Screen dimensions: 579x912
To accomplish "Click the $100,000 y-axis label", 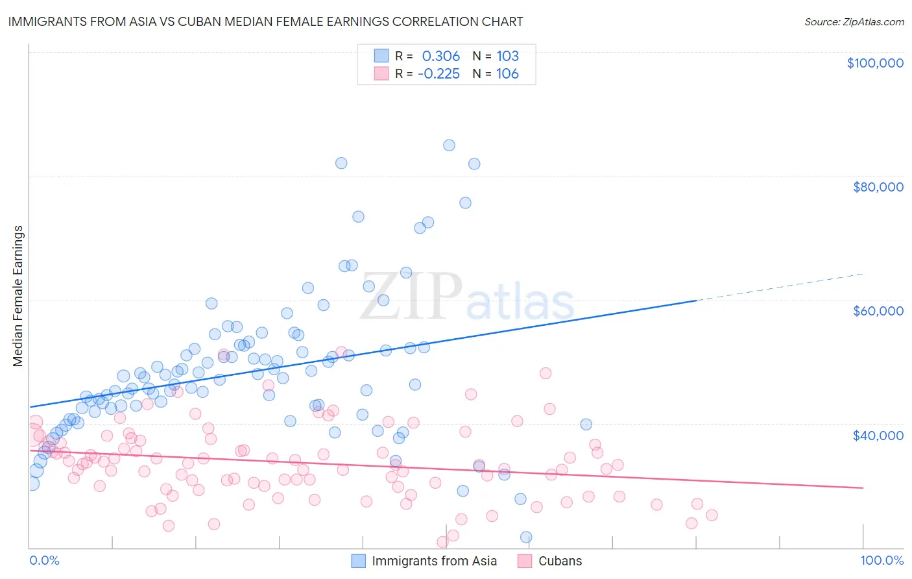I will pos(875,63).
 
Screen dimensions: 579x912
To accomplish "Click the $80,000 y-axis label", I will pos(878,187).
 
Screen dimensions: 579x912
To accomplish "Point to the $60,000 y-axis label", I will pos(878,311).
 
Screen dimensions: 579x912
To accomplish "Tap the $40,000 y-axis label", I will pos(878,435).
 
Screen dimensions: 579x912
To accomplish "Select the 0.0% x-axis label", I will pos(44,560).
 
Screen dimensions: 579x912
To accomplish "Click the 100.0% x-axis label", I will pos(882,560).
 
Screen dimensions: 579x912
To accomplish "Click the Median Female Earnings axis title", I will pos(18,296).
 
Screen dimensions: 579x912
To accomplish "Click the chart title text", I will pos(266,21).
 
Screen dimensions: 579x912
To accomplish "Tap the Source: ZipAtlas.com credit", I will pos(854,21).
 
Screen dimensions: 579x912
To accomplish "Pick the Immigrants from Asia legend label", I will pos(434,561).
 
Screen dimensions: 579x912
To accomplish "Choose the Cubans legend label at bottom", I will pos(560,561).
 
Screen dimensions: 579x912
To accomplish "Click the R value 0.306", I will pos(440,56).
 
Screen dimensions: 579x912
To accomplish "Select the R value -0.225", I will pos(438,74).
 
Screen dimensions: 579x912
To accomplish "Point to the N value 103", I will pos(507,56).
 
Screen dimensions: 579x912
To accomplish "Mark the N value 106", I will pos(507,74).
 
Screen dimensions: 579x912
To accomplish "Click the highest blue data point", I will pos(449,145).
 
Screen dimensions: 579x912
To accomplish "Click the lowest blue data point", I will pos(526,537).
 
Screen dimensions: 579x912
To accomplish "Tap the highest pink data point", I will pos(341,352).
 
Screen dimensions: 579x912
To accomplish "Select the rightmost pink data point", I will pos(712,515).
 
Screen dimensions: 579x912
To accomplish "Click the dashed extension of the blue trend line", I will pos(778,287).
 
